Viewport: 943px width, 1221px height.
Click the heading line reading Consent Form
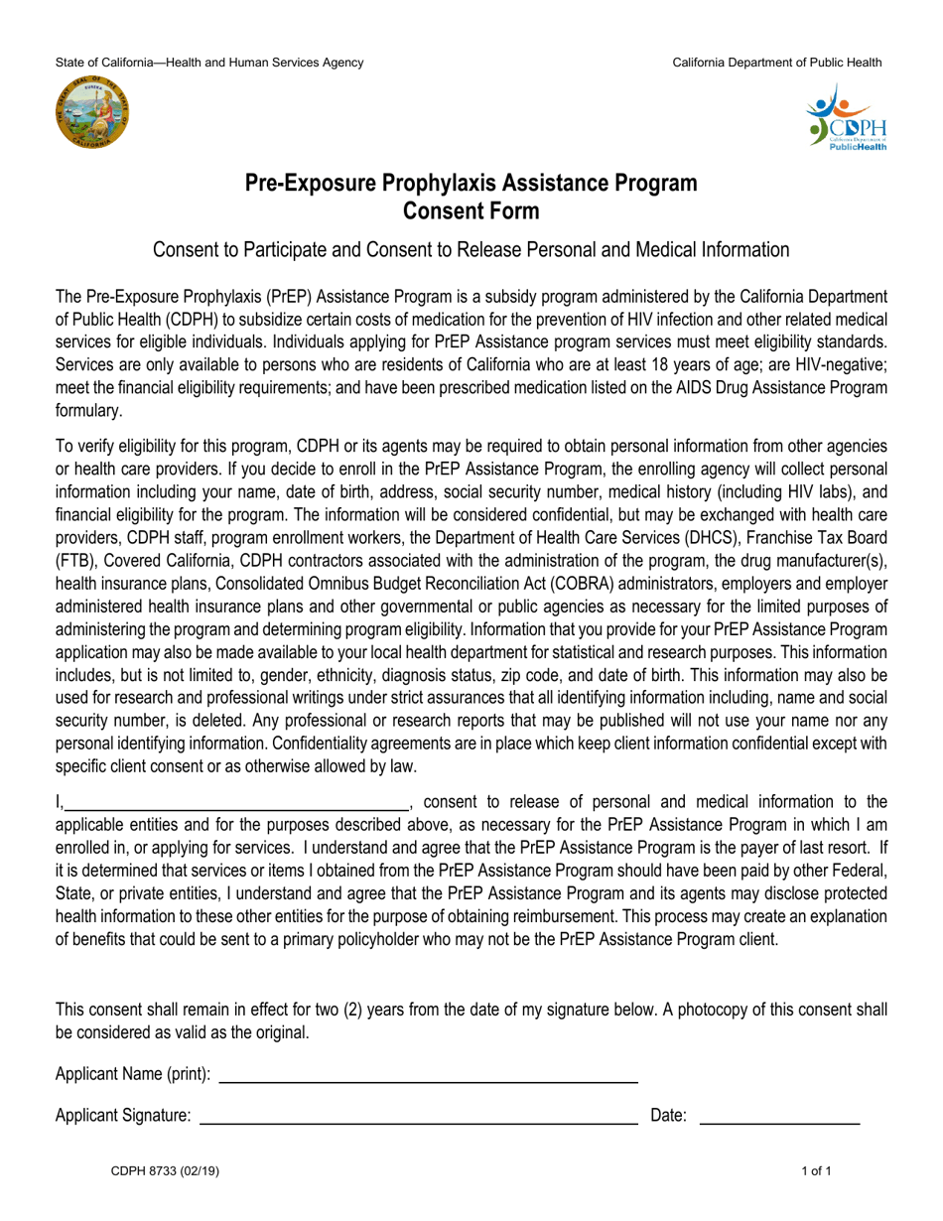click(x=471, y=210)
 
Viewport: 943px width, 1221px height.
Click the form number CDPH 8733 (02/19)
click(x=165, y=1171)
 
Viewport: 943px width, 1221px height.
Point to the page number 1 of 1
click(x=817, y=1171)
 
